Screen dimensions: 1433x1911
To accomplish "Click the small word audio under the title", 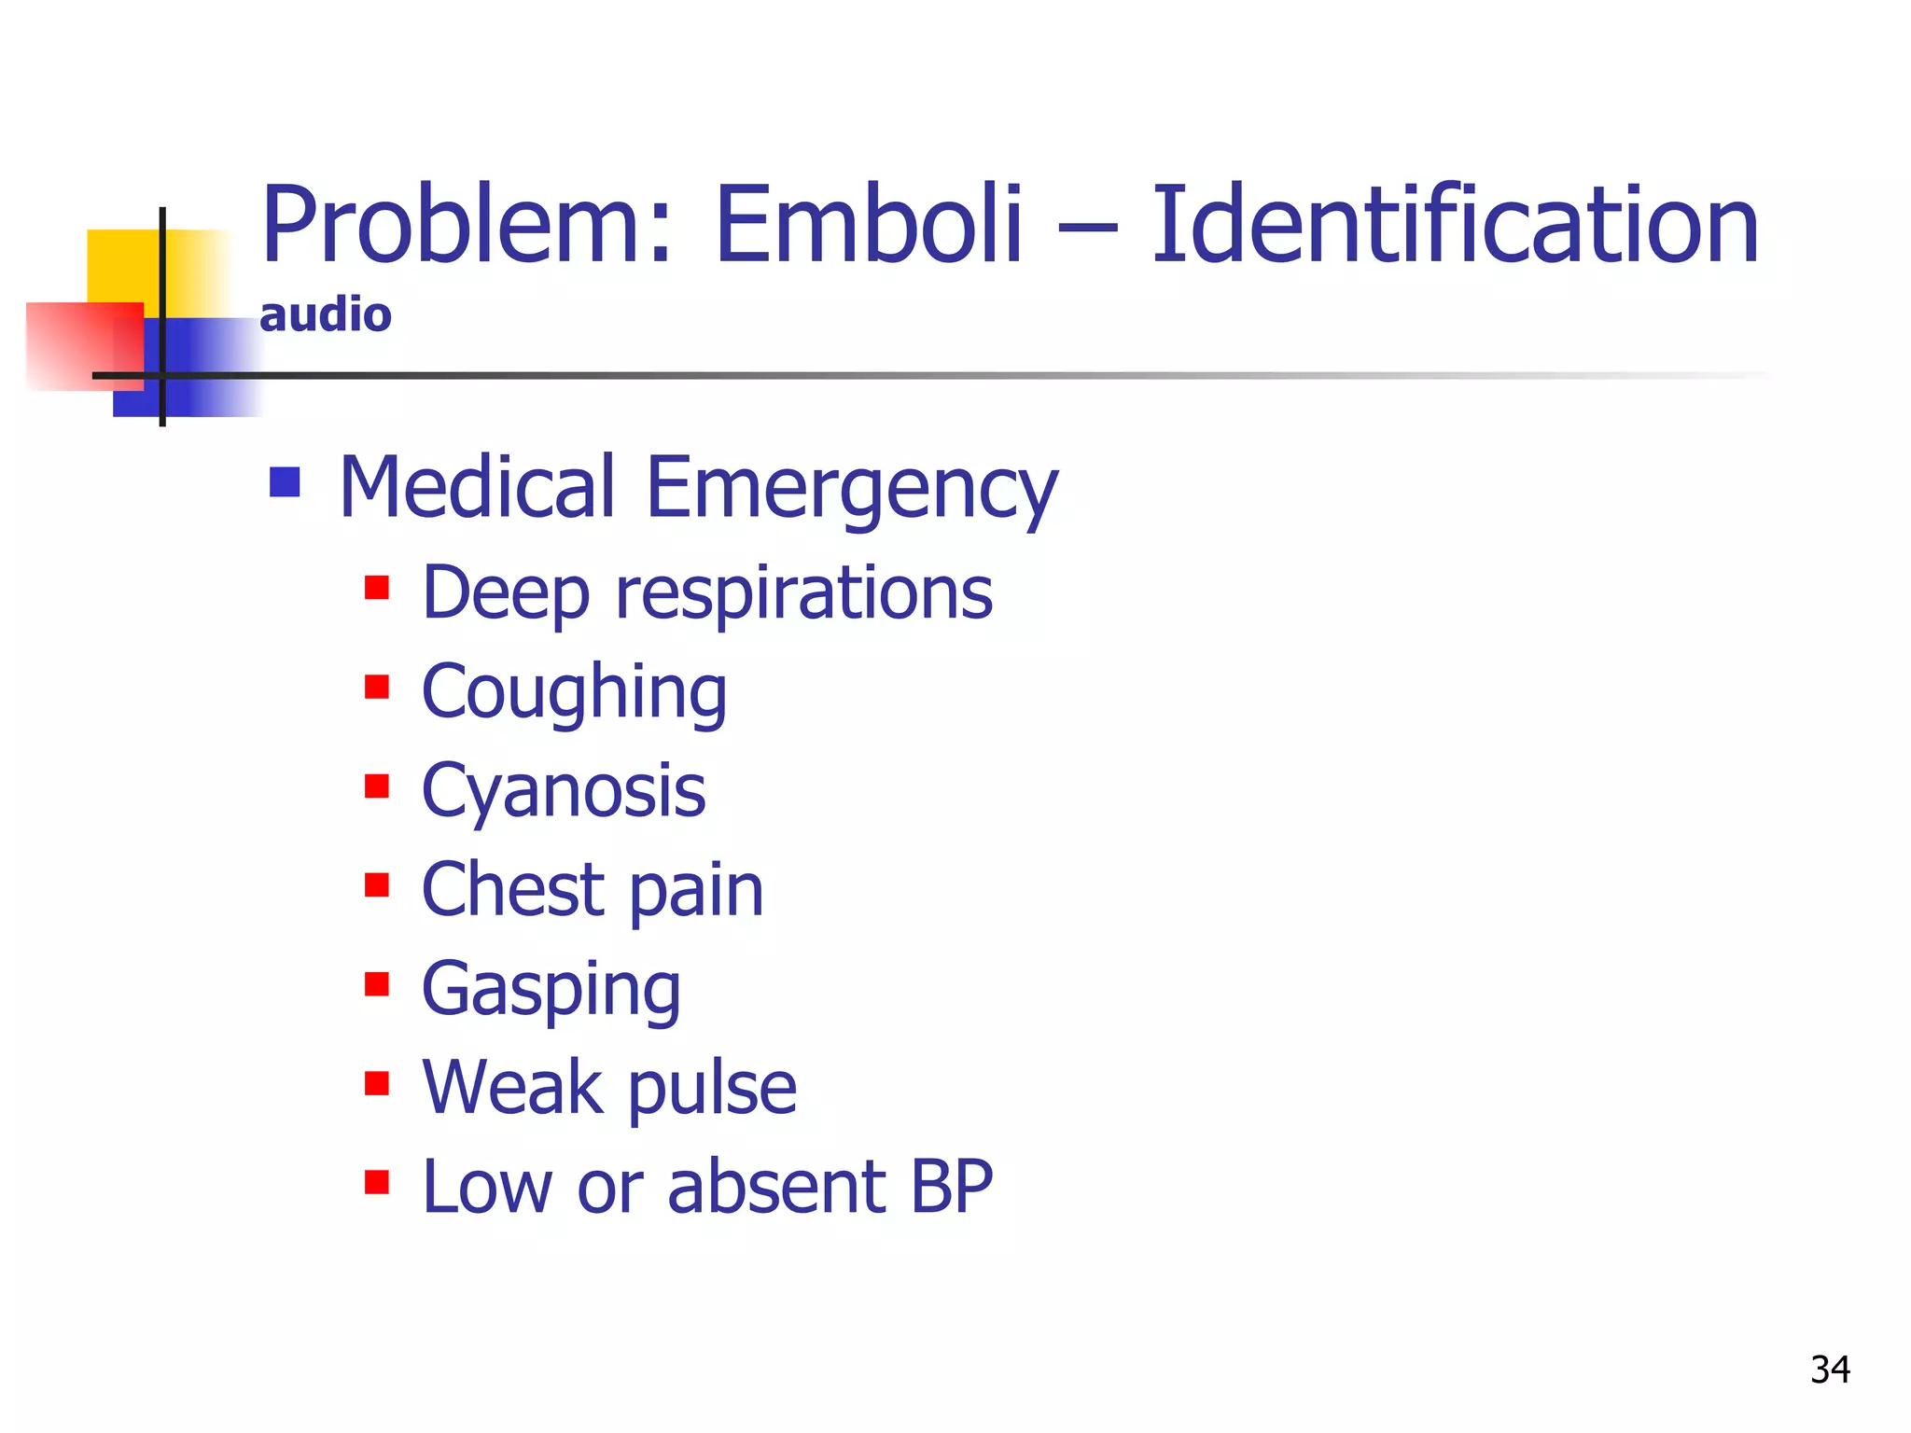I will click(x=326, y=315).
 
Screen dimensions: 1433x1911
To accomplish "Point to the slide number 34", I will click(x=1830, y=1370).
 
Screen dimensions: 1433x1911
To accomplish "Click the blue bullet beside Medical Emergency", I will click(x=285, y=482).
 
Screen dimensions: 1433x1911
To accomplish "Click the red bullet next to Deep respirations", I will click(x=377, y=588).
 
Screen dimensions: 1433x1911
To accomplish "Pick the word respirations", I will click(x=803, y=593).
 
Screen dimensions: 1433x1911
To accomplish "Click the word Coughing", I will click(x=574, y=692).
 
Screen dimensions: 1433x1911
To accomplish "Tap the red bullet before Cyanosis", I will click(x=377, y=786).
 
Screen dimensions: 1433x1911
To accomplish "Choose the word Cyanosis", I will click(x=564, y=791).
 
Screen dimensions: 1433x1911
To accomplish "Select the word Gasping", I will click(x=551, y=990).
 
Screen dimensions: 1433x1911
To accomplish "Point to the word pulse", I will click(x=712, y=1089).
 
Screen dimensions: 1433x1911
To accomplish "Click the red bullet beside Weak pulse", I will click(x=377, y=1083).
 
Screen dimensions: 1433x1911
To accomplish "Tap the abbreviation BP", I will click(x=951, y=1187).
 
